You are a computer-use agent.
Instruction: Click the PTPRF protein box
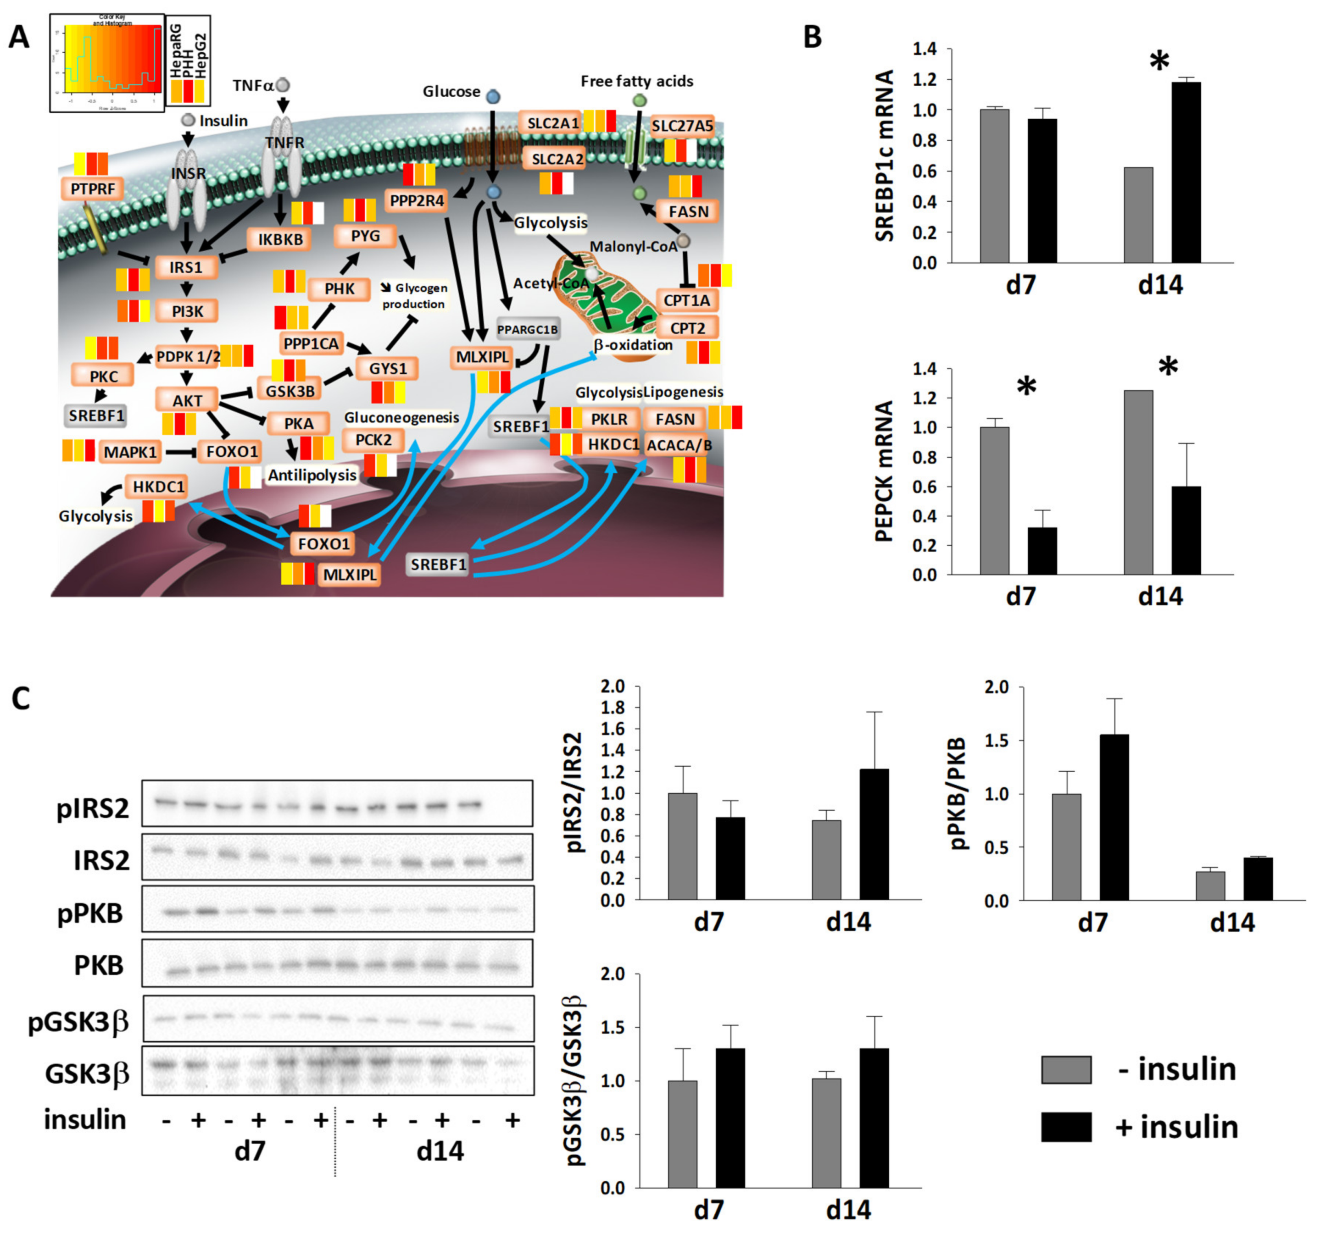(x=93, y=189)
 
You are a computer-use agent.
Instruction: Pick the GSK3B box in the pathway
(x=290, y=390)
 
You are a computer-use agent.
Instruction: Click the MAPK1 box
(x=130, y=452)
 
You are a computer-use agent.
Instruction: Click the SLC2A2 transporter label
(x=557, y=159)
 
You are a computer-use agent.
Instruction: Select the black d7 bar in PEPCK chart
(x=1042, y=550)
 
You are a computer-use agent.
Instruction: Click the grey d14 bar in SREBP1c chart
(x=1138, y=215)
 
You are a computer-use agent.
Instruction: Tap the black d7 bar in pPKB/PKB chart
(x=1114, y=817)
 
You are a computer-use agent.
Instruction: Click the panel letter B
(x=813, y=37)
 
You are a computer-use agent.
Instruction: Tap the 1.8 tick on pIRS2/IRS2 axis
(x=614, y=708)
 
